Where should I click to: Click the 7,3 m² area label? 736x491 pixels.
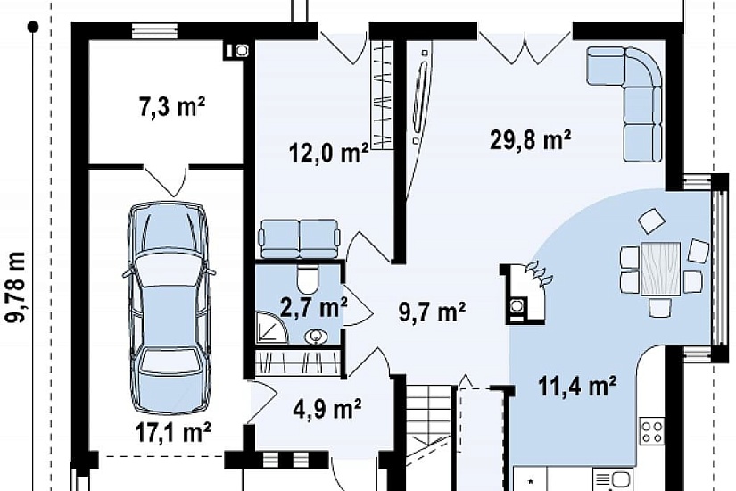[x=172, y=106]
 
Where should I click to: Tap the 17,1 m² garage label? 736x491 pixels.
[x=173, y=433]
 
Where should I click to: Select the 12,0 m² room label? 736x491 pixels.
[x=328, y=153]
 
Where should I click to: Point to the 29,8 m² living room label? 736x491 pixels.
[x=530, y=139]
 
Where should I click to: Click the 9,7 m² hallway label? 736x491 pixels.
[x=432, y=312]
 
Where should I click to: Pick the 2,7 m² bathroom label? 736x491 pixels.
[x=313, y=308]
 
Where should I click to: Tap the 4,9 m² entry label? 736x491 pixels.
[x=327, y=409]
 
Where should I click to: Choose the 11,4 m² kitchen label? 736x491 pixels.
[x=577, y=387]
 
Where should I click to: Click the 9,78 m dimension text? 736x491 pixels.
[x=15, y=287]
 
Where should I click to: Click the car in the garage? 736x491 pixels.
[x=168, y=308]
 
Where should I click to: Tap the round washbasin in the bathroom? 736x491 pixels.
[x=315, y=337]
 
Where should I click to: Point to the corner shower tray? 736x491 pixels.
[x=271, y=327]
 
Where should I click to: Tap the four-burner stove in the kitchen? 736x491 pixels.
[x=652, y=431]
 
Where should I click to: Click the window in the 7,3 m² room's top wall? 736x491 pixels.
[x=155, y=31]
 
